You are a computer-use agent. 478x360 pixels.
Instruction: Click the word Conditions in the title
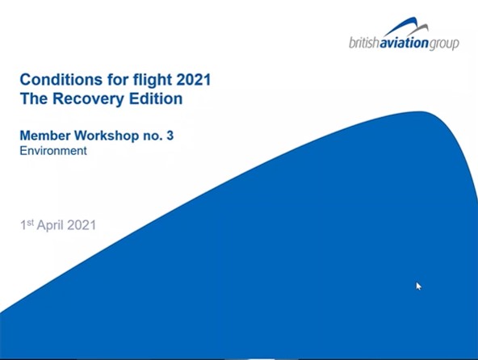click(x=61, y=80)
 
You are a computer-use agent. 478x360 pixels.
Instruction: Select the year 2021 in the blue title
click(x=194, y=80)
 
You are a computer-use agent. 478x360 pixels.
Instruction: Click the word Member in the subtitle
click(x=45, y=136)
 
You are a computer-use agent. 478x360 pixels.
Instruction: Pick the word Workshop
click(x=107, y=136)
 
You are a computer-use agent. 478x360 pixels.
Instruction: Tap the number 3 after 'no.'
click(x=170, y=136)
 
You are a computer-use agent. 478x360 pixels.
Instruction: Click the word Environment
click(x=53, y=151)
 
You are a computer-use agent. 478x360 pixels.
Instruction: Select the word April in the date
click(x=50, y=226)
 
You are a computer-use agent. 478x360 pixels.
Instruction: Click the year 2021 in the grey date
click(x=82, y=225)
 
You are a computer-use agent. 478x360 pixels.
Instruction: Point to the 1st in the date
click(x=27, y=225)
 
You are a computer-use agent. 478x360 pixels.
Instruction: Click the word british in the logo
click(x=364, y=43)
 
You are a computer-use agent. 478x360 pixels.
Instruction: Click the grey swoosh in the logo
click(x=417, y=30)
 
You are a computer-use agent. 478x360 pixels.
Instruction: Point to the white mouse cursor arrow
click(x=418, y=286)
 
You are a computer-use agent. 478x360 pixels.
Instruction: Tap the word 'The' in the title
click(x=34, y=98)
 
